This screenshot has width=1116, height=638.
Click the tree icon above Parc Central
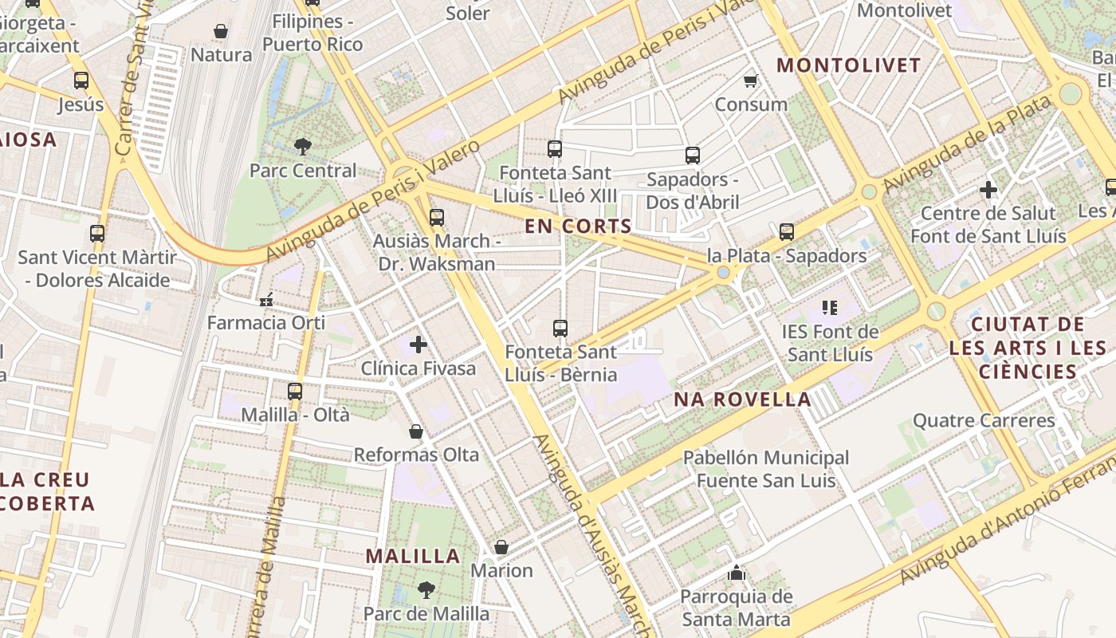pyautogui.click(x=302, y=146)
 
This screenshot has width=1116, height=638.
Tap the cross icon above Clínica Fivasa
pyautogui.click(x=418, y=345)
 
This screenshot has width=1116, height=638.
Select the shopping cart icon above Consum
pyautogui.click(x=750, y=81)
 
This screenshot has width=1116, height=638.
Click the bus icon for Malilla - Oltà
pyautogui.click(x=295, y=391)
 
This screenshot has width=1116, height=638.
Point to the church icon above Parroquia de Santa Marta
pyautogui.click(x=736, y=573)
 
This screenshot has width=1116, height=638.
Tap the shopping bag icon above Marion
pyautogui.click(x=501, y=547)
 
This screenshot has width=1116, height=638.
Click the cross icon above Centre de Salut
pyautogui.click(x=988, y=190)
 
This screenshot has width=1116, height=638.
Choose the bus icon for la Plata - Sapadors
pyautogui.click(x=787, y=232)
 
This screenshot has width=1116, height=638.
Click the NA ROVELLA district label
pyautogui.click(x=742, y=400)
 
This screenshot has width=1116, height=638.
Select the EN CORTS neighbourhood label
pyautogui.click(x=578, y=226)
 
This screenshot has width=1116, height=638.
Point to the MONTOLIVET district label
pyautogui.click(x=849, y=65)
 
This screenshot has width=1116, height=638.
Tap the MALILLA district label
pyautogui.click(x=413, y=556)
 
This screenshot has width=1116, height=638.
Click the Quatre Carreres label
pyautogui.click(x=984, y=420)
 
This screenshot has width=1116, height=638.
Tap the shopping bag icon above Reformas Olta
pyautogui.click(x=416, y=431)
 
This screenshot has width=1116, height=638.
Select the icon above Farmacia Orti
pyautogui.click(x=266, y=300)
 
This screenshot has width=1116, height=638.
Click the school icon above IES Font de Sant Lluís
pyautogui.click(x=829, y=307)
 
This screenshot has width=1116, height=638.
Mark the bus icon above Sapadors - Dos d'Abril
pyautogui.click(x=693, y=156)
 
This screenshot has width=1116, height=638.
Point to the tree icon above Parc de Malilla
pyautogui.click(x=426, y=590)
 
